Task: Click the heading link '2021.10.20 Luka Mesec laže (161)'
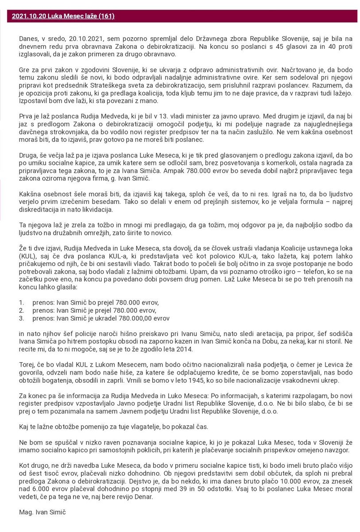(63, 16)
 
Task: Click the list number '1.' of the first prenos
(21, 302)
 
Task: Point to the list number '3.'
(21, 318)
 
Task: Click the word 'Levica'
(321, 364)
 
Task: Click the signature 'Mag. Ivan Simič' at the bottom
(39, 512)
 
